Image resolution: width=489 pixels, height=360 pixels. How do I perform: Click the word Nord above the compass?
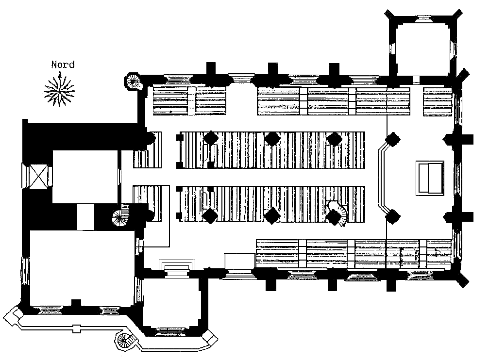pos(63,65)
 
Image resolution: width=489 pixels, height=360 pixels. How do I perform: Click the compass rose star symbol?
pos(59,90)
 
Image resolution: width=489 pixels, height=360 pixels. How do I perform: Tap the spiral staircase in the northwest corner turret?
pos(133,81)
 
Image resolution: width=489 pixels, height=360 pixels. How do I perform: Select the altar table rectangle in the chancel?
pos(430,178)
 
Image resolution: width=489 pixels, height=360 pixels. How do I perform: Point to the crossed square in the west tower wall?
pos(37,176)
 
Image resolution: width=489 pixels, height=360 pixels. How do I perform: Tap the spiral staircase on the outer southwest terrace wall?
pos(125,341)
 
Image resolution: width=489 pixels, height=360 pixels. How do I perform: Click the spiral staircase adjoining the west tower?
pos(121,215)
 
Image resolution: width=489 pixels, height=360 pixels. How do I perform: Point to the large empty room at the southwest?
pos(82,268)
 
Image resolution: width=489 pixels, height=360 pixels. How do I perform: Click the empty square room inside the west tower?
pos(85,177)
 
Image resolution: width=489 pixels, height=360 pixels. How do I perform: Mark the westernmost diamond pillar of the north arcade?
pos(211,138)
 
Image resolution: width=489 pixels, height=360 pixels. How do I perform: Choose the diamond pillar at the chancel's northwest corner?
pos(393,139)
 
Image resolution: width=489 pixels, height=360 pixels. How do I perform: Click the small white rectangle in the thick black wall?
pos(85,216)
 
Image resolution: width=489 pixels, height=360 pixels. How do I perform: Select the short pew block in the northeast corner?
pos(438,101)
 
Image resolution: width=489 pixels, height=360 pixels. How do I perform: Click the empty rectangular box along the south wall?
pos(238,261)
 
